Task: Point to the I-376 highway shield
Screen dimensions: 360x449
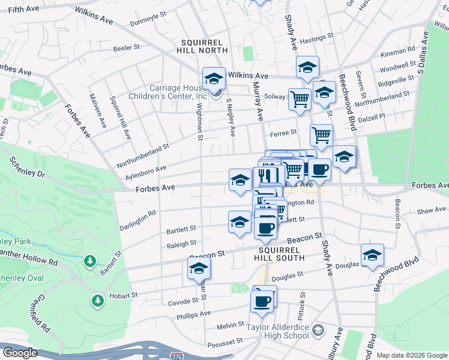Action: [x=176, y=356]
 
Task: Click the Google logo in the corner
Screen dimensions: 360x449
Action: [x=20, y=353]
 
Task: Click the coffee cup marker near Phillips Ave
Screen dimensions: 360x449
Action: [x=262, y=301]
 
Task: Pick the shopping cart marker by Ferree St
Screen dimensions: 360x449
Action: [x=321, y=136]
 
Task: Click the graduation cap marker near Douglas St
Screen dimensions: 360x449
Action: [x=372, y=254]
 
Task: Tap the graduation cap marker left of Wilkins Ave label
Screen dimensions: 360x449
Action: [x=213, y=79]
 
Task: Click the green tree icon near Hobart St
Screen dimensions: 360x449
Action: [x=97, y=299]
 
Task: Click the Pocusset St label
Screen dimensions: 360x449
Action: [x=224, y=340]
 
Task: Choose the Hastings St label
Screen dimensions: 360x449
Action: [x=312, y=40]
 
